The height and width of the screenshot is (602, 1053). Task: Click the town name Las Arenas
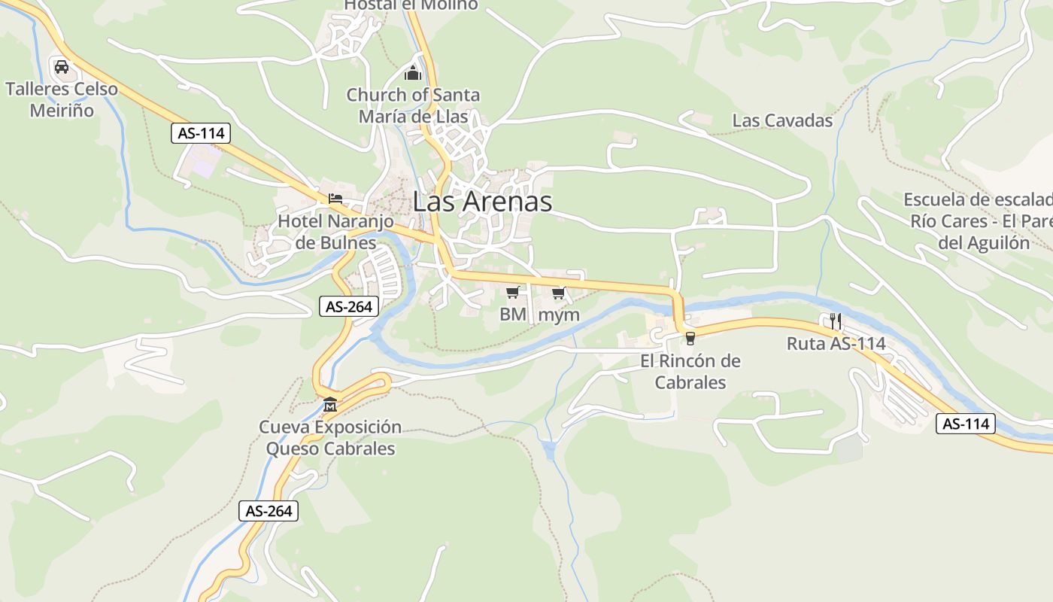click(x=482, y=202)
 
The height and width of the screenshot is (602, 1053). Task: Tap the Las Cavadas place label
click(x=782, y=120)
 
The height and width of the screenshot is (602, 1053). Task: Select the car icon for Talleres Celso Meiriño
click(x=62, y=67)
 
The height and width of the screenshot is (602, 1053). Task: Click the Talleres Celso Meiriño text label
click(x=62, y=99)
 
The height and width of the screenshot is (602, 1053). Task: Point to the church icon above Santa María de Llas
click(x=412, y=73)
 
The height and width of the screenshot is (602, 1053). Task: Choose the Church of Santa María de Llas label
click(x=413, y=106)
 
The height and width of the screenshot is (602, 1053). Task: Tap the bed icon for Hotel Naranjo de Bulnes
click(x=335, y=199)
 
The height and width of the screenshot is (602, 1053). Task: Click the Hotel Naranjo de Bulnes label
click(x=335, y=232)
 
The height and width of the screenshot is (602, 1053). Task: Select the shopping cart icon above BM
click(x=513, y=292)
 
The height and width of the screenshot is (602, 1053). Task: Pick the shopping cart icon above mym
click(x=558, y=293)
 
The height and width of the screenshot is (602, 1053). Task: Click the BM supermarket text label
click(x=513, y=315)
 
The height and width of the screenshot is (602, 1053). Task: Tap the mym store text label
click(x=560, y=315)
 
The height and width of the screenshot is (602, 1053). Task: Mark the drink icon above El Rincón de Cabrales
click(x=690, y=339)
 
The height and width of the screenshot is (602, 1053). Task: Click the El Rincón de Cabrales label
click(x=690, y=372)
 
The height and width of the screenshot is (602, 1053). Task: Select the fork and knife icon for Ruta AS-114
click(x=836, y=321)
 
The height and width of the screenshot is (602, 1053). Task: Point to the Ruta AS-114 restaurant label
click(x=836, y=344)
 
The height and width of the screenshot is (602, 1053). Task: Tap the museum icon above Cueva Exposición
click(x=330, y=406)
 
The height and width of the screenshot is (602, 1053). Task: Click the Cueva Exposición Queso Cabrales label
click(x=330, y=438)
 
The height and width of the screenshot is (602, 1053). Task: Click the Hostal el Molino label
click(x=411, y=5)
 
